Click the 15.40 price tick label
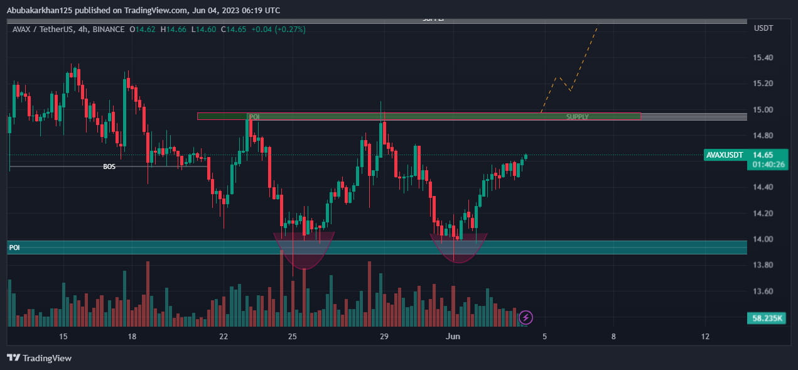point(763,58)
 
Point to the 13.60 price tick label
point(763,291)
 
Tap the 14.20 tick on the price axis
point(763,214)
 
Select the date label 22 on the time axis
point(224,337)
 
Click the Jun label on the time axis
point(453,337)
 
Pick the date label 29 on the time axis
point(385,337)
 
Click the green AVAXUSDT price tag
point(725,155)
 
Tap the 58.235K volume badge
point(767,318)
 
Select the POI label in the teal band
point(14,248)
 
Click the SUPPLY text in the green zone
point(578,117)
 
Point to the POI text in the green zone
point(254,117)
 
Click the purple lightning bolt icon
point(526,317)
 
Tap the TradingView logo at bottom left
point(40,358)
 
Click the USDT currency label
point(763,29)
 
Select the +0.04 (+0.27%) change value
point(279,29)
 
